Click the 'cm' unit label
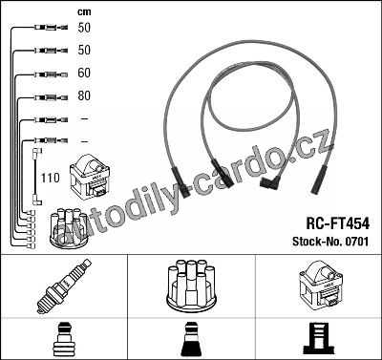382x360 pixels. (x=84, y=12)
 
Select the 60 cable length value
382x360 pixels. (x=84, y=73)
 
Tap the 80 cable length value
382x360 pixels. (x=84, y=95)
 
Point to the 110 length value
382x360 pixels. (x=50, y=178)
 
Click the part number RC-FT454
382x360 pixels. (x=338, y=223)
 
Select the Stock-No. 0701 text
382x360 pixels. (x=330, y=241)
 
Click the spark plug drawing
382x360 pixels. (x=64, y=286)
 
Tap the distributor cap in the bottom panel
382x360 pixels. (x=191, y=286)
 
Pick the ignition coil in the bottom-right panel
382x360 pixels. (x=322, y=286)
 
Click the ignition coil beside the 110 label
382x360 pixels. (x=90, y=177)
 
